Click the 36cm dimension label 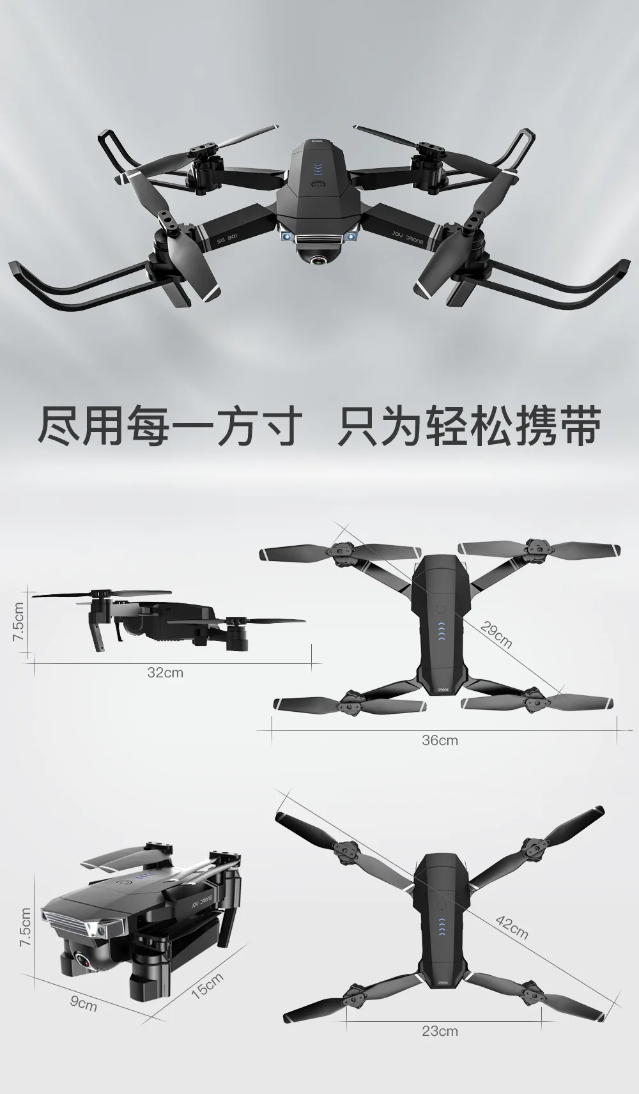(x=440, y=740)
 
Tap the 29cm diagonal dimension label (x=497, y=635)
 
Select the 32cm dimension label (x=165, y=672)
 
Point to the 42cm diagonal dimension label (x=512, y=927)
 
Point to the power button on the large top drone (x=318, y=185)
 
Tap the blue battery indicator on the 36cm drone (x=441, y=631)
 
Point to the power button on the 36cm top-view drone (x=441, y=609)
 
